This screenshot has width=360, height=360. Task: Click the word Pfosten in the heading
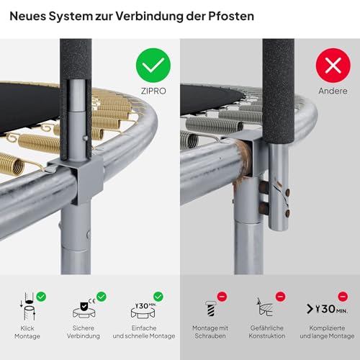(231, 16)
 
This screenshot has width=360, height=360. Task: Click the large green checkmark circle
(153, 66)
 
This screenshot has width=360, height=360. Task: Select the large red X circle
(333, 66)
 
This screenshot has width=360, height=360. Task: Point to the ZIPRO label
(153, 91)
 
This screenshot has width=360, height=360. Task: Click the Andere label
(333, 91)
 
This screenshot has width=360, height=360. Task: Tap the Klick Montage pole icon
(28, 307)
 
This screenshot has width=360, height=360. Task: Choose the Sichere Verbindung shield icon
(84, 310)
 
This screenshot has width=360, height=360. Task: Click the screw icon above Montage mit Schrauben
(210, 309)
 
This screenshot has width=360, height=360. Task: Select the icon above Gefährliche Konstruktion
(265, 307)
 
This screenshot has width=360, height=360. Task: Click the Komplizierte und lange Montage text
(327, 332)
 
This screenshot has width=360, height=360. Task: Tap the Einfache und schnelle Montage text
(144, 332)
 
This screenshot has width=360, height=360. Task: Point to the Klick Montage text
(27, 332)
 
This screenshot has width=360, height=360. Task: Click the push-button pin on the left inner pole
(85, 138)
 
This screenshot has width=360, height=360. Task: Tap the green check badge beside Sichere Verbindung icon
(102, 297)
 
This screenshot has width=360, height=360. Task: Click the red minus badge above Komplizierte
(343, 297)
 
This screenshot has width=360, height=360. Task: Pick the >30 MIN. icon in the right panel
(327, 309)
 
